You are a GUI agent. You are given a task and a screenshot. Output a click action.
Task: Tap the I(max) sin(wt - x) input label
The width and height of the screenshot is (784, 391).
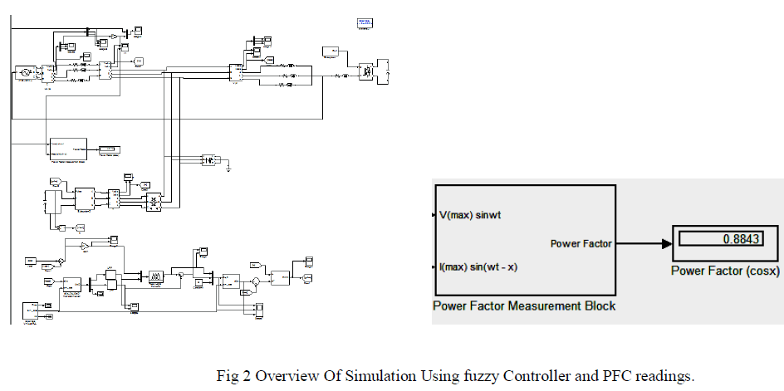point(479,267)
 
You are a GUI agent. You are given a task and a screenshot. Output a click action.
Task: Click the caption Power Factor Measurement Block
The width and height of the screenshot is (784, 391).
point(524,306)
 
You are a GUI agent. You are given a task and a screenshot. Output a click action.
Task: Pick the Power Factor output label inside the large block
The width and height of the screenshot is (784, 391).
point(581,243)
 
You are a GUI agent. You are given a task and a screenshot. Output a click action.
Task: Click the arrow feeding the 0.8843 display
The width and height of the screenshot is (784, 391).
point(645,243)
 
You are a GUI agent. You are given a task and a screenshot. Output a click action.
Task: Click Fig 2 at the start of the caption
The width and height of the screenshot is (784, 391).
point(232,376)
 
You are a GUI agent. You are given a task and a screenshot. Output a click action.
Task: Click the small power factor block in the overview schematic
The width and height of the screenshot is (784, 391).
point(67,148)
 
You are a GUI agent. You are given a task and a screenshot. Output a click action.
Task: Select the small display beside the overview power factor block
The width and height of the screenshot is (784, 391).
point(109,149)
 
